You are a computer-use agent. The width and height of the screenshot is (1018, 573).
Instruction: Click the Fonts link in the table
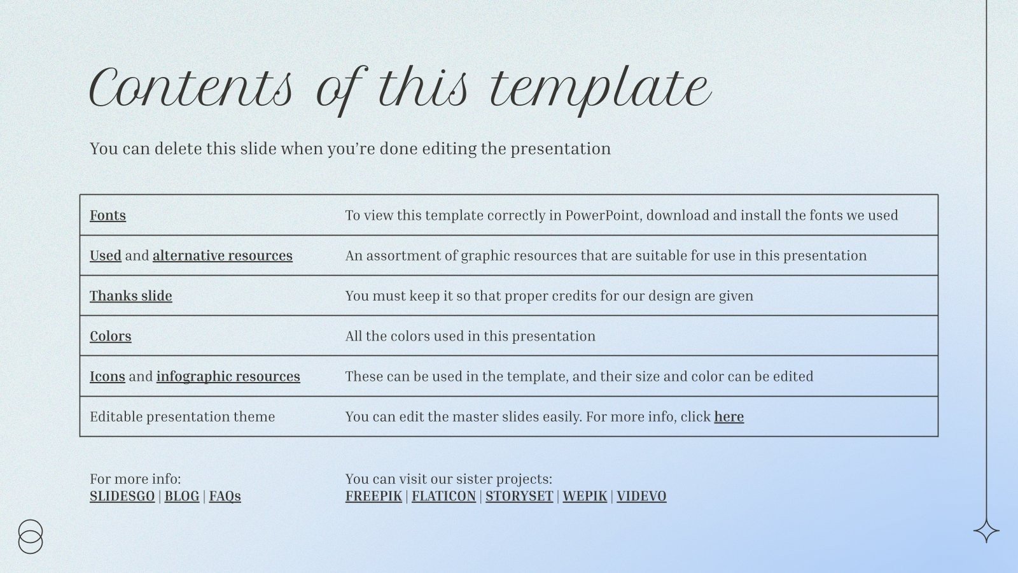[x=108, y=215]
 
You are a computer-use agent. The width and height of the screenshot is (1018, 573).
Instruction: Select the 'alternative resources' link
[x=222, y=255]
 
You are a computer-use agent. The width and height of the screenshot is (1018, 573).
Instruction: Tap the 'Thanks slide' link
[x=130, y=296]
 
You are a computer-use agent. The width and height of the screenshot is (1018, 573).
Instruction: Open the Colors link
[x=110, y=336]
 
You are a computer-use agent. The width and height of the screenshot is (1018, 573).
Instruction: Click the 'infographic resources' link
[x=228, y=376]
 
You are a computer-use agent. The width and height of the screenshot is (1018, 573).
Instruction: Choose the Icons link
[x=107, y=376]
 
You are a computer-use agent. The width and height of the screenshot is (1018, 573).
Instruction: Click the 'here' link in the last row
[x=729, y=416]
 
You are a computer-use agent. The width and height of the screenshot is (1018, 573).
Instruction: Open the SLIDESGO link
[x=122, y=496]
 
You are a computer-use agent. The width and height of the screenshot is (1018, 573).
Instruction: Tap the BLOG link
[x=181, y=496]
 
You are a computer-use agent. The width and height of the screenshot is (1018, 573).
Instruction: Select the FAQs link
[x=225, y=496]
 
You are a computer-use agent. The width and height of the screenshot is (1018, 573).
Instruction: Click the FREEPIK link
[x=373, y=496]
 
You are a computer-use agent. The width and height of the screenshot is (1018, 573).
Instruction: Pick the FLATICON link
[x=443, y=496]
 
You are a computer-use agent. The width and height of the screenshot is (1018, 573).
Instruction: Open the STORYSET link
[x=519, y=496]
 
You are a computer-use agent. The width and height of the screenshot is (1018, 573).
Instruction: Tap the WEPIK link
[x=584, y=496]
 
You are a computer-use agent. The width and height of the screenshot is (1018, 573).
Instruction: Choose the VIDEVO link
[x=641, y=496]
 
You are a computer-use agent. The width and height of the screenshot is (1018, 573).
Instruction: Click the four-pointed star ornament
[x=986, y=531]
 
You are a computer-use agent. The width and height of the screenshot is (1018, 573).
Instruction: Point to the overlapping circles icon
[x=31, y=537]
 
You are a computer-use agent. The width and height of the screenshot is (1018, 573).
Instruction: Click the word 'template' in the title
[x=599, y=89]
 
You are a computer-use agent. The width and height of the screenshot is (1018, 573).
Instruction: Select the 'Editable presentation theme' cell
[x=183, y=416]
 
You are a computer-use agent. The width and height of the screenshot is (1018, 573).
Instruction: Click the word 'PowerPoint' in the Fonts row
[x=603, y=215]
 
